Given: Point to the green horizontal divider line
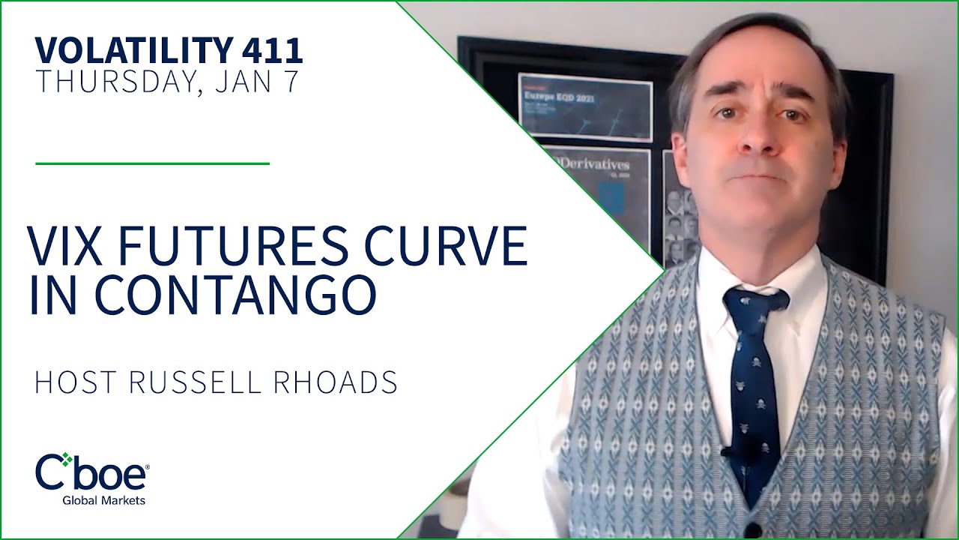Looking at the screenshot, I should tap(152, 163).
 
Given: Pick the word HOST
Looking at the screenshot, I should tap(76, 382).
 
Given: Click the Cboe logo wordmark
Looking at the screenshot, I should tap(91, 472).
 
